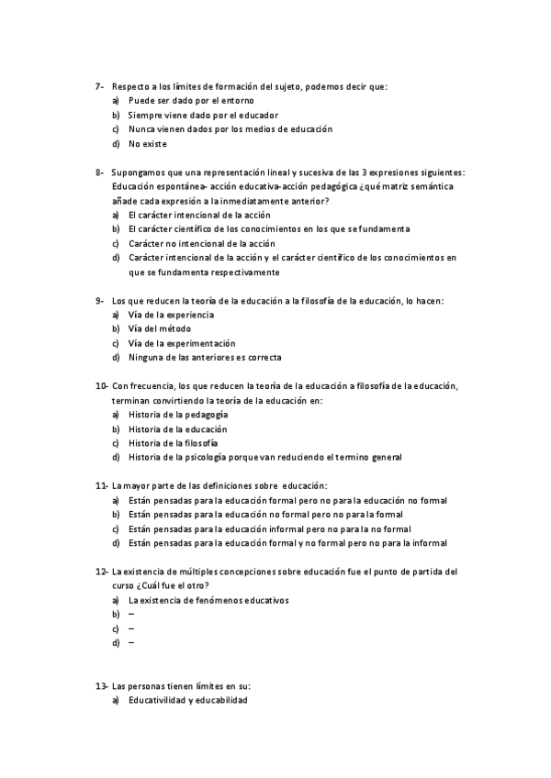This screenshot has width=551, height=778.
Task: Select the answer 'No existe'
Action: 148,143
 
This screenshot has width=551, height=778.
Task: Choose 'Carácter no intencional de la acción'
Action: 201,243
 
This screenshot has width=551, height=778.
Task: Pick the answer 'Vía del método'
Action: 164,328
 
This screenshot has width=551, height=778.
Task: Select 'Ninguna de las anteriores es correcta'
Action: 205,357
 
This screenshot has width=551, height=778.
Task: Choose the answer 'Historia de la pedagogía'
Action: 179,415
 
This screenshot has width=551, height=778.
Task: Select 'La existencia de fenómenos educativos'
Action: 208,600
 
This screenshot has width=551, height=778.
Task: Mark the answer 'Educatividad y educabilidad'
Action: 188,700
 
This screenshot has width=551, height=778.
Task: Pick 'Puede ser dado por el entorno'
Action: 191,100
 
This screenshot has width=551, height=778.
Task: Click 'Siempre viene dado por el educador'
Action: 203,115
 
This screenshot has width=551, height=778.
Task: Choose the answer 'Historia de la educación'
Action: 178,428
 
